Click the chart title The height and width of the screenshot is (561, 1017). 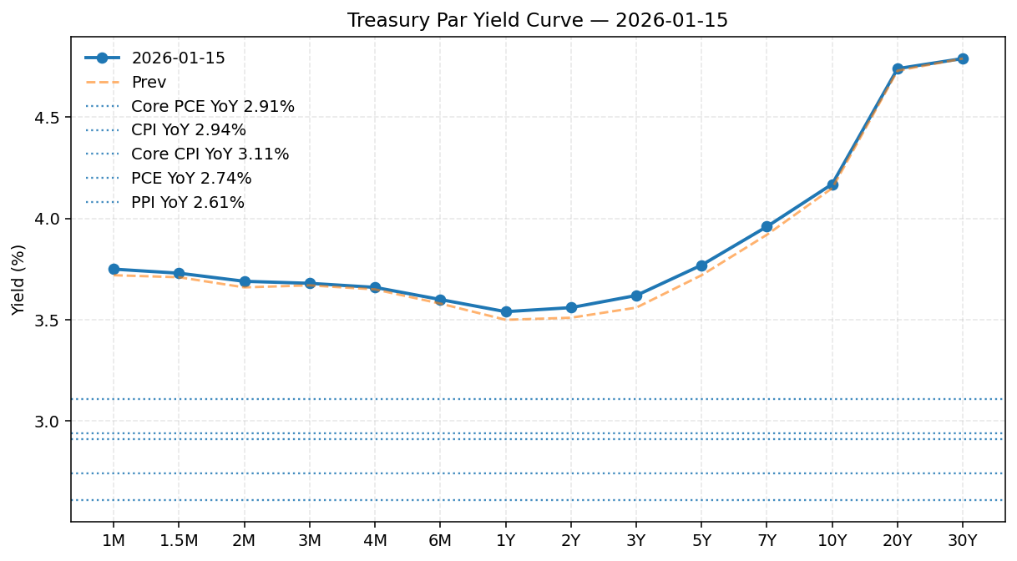(538, 20)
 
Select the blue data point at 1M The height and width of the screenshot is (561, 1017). (114, 270)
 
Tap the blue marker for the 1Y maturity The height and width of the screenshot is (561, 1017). (506, 312)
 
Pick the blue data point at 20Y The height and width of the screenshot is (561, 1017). (898, 68)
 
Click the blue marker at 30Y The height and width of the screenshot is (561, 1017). (963, 58)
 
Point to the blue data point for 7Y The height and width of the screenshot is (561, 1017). (767, 227)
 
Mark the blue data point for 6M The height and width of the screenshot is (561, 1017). (440, 300)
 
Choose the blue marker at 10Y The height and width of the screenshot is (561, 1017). (832, 184)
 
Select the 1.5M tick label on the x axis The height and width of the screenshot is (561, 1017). (179, 541)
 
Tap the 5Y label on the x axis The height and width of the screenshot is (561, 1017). (701, 541)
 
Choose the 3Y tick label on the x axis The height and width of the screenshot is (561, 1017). (636, 541)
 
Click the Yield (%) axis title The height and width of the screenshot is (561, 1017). (18, 280)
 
